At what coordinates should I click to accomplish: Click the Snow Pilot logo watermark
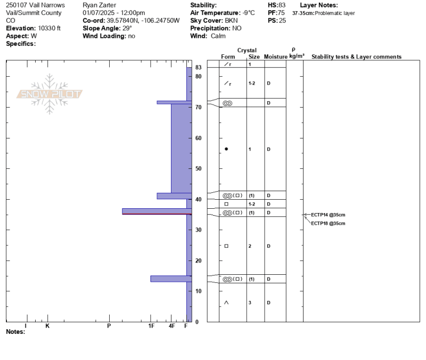pyautogui.click(x=50, y=94)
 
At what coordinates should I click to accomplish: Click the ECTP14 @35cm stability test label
pyautogui.click(x=328, y=215)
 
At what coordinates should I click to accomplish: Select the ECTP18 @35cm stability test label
pyautogui.click(x=328, y=224)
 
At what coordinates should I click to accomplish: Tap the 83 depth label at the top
pyautogui.click(x=198, y=67)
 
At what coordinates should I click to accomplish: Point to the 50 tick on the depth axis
pyautogui.click(x=198, y=168)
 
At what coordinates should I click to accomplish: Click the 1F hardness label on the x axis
pyautogui.click(x=151, y=326)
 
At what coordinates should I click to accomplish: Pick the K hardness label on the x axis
pyautogui.click(x=47, y=326)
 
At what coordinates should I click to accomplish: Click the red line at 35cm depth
pyautogui.click(x=157, y=214)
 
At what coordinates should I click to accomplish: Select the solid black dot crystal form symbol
pyautogui.click(x=226, y=149)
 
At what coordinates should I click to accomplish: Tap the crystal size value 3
pyautogui.click(x=250, y=302)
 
